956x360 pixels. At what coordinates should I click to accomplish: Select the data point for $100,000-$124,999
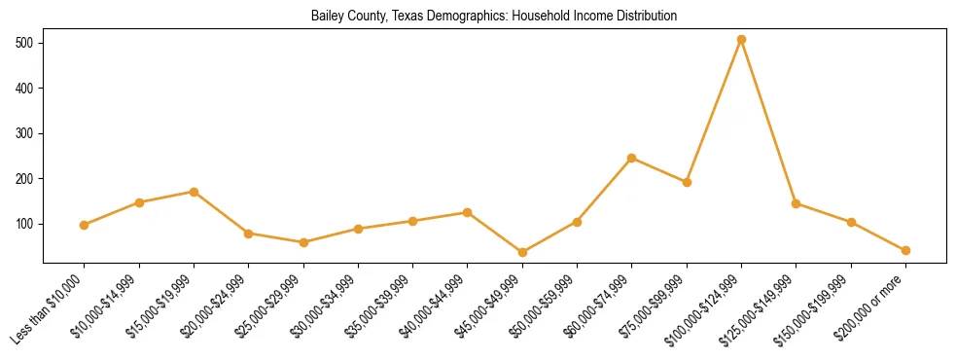pyautogui.click(x=741, y=40)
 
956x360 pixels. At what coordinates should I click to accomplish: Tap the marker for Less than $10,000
pyautogui.click(x=85, y=225)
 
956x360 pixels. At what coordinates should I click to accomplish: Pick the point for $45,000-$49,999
pyautogui.click(x=522, y=252)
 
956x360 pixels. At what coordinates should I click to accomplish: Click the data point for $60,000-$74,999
pyautogui.click(x=632, y=158)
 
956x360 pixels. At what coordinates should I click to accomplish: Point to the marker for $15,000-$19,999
pyautogui.click(x=194, y=192)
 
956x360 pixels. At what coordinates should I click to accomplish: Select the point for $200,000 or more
pyautogui.click(x=905, y=250)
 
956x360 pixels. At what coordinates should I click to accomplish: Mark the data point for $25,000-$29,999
pyautogui.click(x=303, y=242)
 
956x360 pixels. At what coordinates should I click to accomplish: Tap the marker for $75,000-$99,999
pyautogui.click(x=687, y=182)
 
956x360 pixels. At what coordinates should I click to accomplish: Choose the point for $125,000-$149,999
pyautogui.click(x=797, y=203)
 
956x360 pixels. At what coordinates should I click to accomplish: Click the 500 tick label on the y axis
pyautogui.click(x=25, y=44)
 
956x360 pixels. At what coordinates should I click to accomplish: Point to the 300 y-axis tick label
pyautogui.click(x=25, y=133)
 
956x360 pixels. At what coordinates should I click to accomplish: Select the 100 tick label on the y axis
pyautogui.click(x=25, y=224)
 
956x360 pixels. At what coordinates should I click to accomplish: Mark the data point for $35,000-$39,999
pyautogui.click(x=412, y=221)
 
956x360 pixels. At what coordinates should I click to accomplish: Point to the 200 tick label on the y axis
pyautogui.click(x=25, y=179)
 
